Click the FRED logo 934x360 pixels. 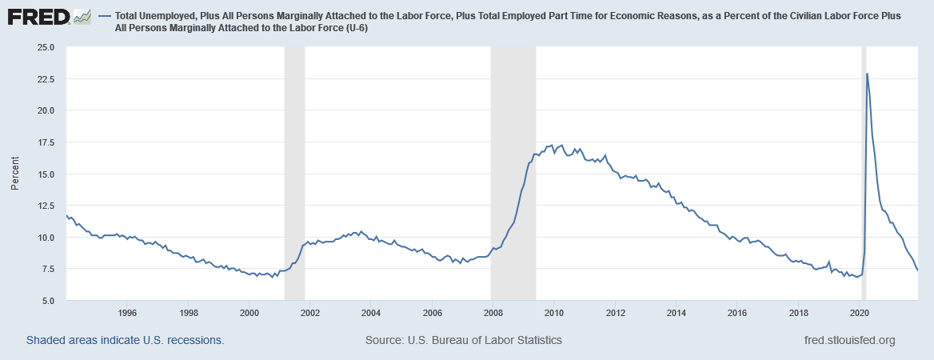(x=48, y=17)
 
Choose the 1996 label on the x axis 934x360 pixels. (x=126, y=312)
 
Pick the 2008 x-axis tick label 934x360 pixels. (x=493, y=312)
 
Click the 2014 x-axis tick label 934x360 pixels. (x=677, y=312)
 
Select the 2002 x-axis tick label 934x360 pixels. (x=310, y=312)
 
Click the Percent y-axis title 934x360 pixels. (x=15, y=174)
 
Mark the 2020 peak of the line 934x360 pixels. (x=867, y=74)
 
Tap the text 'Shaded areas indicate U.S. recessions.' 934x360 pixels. (x=126, y=340)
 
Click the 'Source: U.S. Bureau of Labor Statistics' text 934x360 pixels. (x=464, y=340)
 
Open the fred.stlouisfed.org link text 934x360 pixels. (x=848, y=340)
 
